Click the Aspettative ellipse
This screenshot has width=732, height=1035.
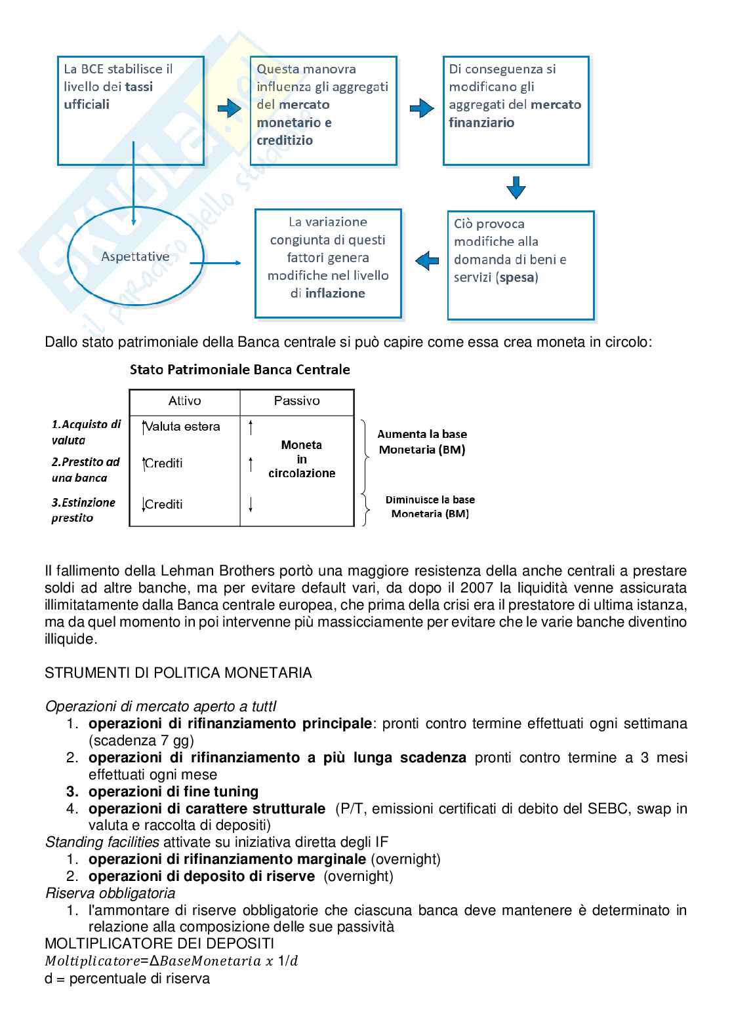click(x=135, y=257)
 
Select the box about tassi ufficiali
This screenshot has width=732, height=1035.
click(x=131, y=110)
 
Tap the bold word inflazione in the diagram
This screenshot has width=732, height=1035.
click(x=335, y=294)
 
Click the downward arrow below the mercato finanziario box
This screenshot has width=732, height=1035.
click(x=516, y=187)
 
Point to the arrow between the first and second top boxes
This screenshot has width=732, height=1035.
click(x=229, y=109)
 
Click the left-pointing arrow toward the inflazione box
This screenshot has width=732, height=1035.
click(x=427, y=260)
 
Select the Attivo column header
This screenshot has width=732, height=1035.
click(x=185, y=400)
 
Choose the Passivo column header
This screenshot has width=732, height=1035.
click(x=297, y=400)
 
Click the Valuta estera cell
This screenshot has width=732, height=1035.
click(x=182, y=427)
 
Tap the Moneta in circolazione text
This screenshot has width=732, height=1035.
click(x=302, y=459)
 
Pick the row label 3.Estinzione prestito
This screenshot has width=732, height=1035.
click(x=83, y=510)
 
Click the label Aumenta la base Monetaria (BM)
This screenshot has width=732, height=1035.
click(x=422, y=442)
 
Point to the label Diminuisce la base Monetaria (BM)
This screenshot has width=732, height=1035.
click(x=430, y=507)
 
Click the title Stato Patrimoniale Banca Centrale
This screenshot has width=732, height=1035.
click(x=240, y=370)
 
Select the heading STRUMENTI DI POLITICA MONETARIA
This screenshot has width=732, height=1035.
click(x=178, y=673)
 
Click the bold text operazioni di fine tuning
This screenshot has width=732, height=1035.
click(x=173, y=792)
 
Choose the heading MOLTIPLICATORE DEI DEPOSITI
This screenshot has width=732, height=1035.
click(x=159, y=944)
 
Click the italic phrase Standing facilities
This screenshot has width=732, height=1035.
click(x=102, y=842)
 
